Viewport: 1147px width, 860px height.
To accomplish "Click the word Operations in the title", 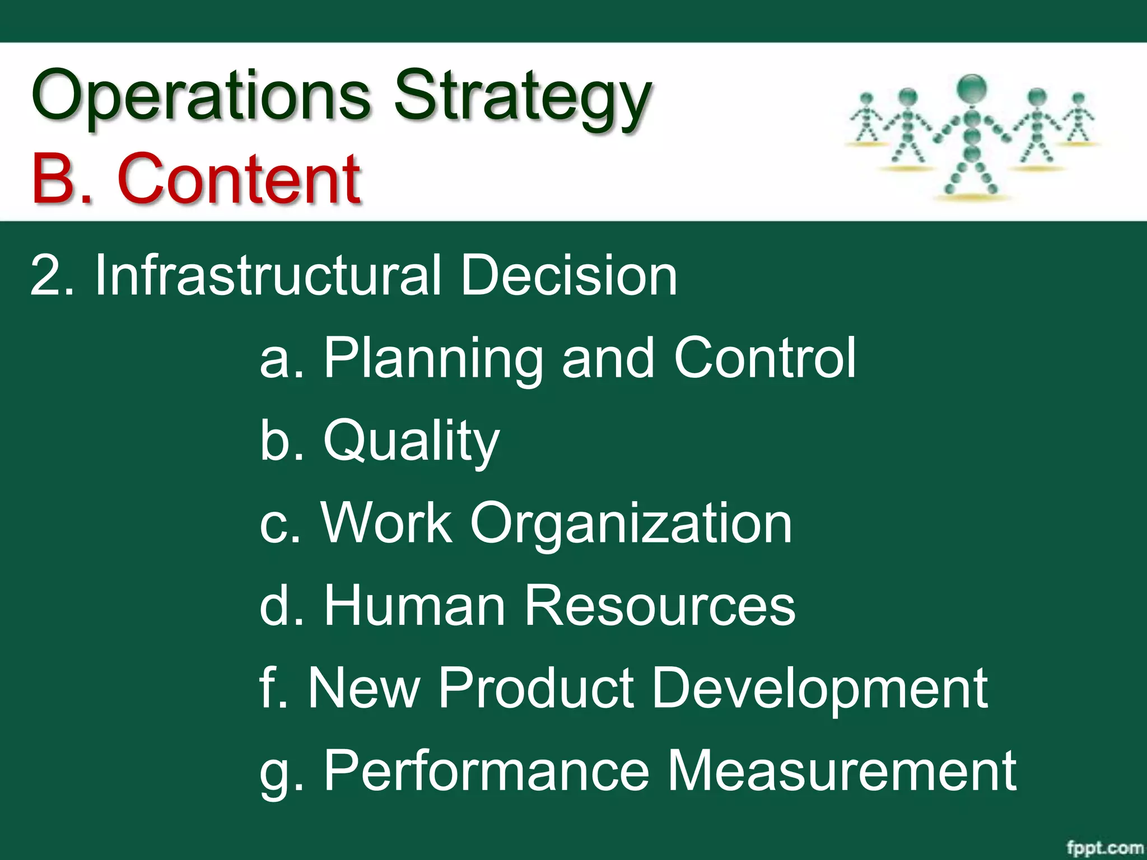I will (x=201, y=95).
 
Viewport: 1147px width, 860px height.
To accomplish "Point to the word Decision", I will (x=568, y=275).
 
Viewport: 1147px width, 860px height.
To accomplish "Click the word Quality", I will (x=411, y=442).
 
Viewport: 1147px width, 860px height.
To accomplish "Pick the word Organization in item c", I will (x=631, y=524).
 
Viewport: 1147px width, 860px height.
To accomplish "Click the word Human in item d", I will (x=414, y=605).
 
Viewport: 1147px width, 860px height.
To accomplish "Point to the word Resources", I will (x=659, y=605).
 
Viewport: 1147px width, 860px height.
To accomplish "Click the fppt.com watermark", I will (x=1104, y=847).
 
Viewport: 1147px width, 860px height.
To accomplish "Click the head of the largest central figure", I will (x=972, y=88).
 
